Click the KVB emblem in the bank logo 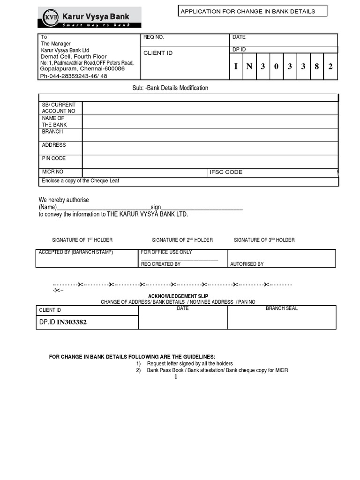[x=48, y=17]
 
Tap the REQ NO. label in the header [x=154, y=37]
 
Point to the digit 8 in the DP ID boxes [x=317, y=67]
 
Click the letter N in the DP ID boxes [x=249, y=67]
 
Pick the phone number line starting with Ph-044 [x=73, y=76]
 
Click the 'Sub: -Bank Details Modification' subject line [x=171, y=88]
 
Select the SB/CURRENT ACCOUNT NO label [x=59, y=108]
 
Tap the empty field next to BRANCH [x=210, y=135]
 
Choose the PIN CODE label [x=54, y=158]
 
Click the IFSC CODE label [x=226, y=172]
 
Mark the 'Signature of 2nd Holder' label [x=182, y=240]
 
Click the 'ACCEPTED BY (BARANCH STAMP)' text [x=76, y=252]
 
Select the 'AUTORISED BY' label [x=247, y=264]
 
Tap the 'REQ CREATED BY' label [x=161, y=264]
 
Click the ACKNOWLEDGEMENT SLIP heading [x=178, y=296]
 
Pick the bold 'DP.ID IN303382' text [x=63, y=322]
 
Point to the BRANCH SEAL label [x=282, y=308]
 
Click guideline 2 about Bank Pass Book [x=217, y=370]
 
